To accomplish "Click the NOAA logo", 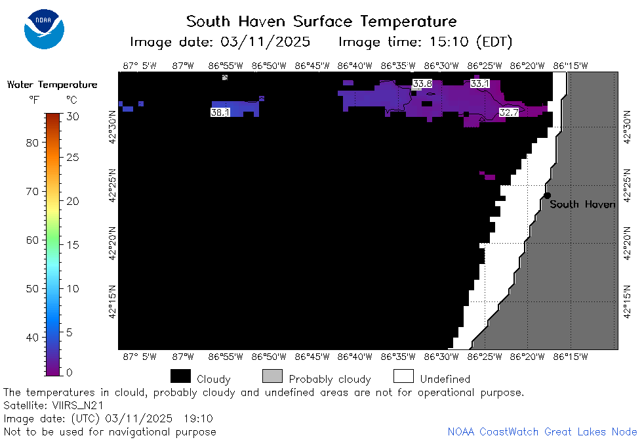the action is point(44,29).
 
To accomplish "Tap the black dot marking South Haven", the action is point(547,195).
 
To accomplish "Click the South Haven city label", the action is point(582,204).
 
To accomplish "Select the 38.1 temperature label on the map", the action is point(220,112).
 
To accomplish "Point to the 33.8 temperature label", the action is point(422,83).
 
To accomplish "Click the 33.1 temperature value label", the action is point(479,83).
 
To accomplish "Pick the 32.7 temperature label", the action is point(508,112).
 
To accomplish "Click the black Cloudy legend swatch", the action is point(180,376).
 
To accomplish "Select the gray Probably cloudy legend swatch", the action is point(272,376).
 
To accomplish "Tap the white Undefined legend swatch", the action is point(403,376).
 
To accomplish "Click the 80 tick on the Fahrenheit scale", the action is point(32,143).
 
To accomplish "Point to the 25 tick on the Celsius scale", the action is point(73,157).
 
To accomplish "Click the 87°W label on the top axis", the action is point(183,66).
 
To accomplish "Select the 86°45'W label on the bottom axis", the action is point(312,357).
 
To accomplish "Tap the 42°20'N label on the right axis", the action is point(627,244).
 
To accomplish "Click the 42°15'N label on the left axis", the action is point(112,302).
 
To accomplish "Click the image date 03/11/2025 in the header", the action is point(266,42).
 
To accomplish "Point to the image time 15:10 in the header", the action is point(449,41).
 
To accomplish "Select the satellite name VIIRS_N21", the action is point(78,406).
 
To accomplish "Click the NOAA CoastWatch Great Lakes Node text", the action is point(542,431).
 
